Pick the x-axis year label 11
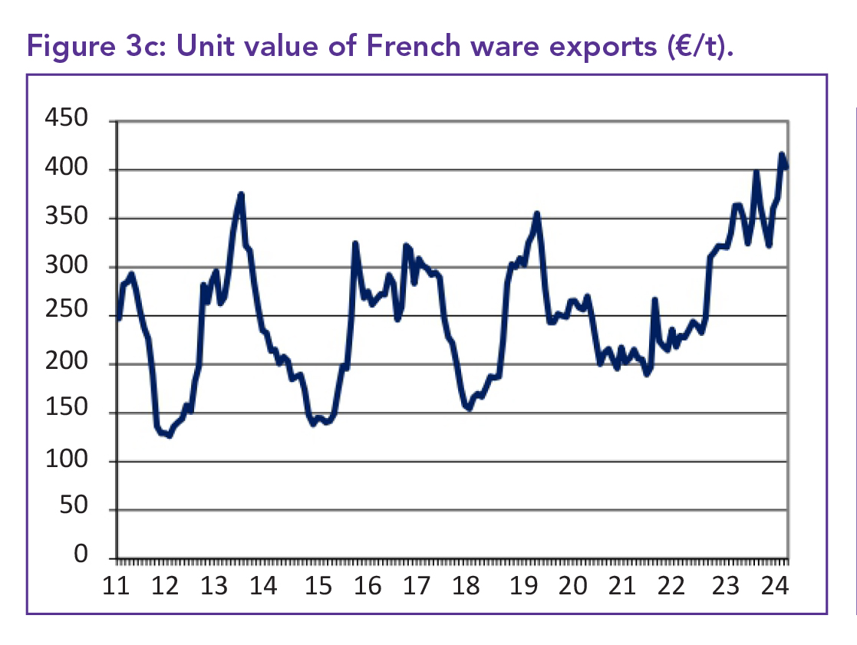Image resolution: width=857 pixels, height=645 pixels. (x=116, y=587)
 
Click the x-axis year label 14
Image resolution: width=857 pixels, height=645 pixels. (x=263, y=587)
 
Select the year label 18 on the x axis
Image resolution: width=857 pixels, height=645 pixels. (x=466, y=587)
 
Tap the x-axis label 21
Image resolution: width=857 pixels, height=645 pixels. (x=622, y=587)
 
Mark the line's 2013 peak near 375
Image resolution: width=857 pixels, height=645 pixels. (x=241, y=194)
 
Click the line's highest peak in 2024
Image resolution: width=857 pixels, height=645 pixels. (x=782, y=155)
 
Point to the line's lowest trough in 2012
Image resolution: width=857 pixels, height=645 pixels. (x=170, y=436)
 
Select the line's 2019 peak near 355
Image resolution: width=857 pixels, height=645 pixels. (x=537, y=214)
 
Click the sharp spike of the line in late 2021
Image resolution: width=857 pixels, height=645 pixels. (x=654, y=300)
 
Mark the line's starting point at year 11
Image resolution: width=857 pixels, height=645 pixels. (x=119, y=318)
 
